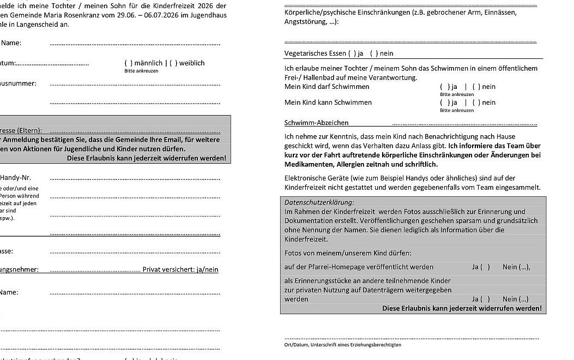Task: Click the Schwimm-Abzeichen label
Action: click(x=316, y=123)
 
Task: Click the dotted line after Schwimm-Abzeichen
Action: click(x=464, y=124)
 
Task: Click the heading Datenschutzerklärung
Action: click(x=319, y=202)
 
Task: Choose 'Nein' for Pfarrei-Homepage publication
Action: click(x=516, y=267)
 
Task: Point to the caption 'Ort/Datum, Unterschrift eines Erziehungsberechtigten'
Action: click(x=342, y=345)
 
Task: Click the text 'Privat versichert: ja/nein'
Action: click(x=180, y=269)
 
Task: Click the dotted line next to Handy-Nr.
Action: click(x=135, y=178)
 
